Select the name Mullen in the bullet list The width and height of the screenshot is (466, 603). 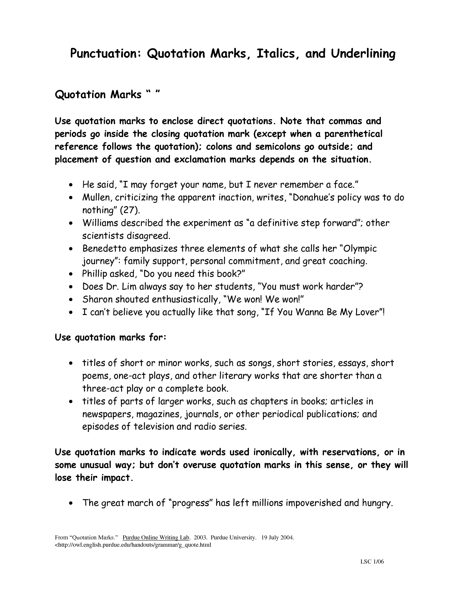tap(95, 198)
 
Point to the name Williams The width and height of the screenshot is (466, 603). tap(99, 223)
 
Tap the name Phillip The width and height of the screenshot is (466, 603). tap(94, 274)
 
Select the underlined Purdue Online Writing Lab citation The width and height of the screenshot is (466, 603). tap(156, 538)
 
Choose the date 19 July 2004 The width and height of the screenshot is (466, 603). tap(278, 538)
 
